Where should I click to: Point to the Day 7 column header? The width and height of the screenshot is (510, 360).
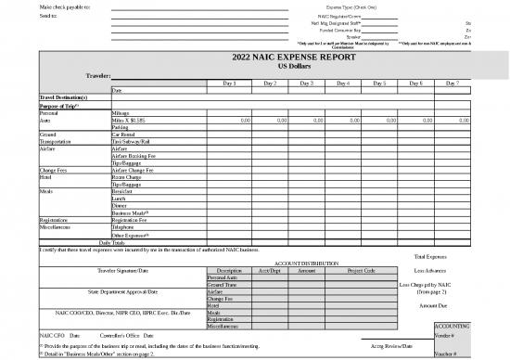[452, 84]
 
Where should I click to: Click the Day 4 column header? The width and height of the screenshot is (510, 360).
[342, 84]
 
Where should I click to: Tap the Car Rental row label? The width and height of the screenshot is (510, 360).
[124, 135]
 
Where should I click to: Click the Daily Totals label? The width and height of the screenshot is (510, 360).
[100, 242]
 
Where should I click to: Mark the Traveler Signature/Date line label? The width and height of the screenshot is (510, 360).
[115, 270]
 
